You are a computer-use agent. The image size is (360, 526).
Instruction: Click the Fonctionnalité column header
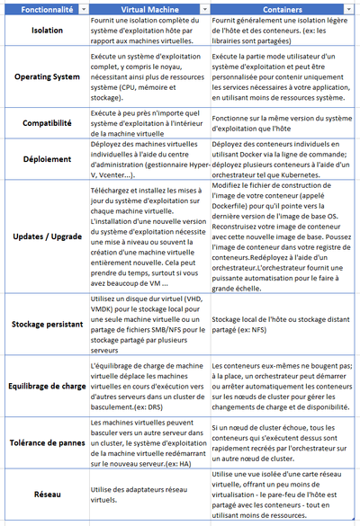pyautogui.click(x=39, y=8)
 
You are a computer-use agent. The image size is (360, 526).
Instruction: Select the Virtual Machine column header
pyautogui.click(x=143, y=8)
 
